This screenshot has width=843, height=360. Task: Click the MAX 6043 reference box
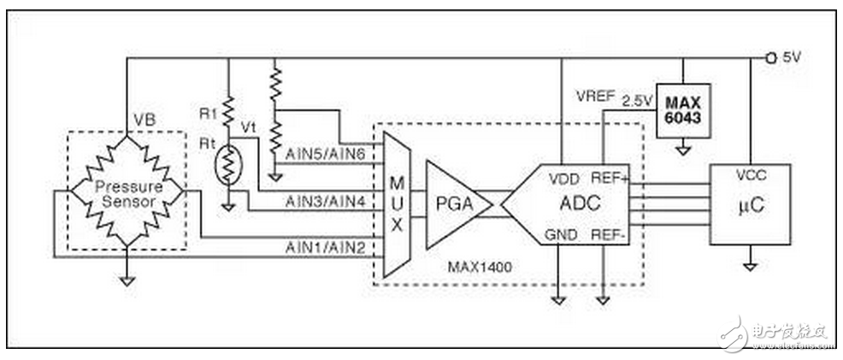683,110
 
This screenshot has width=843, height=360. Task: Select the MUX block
397,204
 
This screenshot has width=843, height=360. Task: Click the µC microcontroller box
750,204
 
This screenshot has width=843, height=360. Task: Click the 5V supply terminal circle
770,57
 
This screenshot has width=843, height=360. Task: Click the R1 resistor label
205,114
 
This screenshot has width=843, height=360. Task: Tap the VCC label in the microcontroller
750,175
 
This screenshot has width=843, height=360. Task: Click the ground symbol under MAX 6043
683,151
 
